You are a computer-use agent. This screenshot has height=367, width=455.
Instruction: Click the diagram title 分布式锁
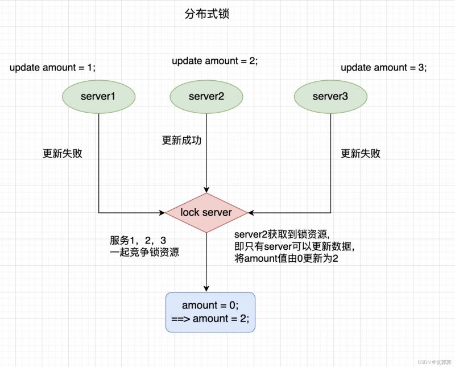(x=206, y=14)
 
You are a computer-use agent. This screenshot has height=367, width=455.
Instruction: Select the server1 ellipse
(x=98, y=96)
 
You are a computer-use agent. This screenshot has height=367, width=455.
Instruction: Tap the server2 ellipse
(x=206, y=96)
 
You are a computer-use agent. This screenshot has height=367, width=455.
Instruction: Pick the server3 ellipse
(x=330, y=96)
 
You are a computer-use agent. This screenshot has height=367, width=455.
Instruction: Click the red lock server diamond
(x=206, y=212)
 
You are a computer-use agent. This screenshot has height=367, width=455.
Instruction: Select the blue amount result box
(x=210, y=312)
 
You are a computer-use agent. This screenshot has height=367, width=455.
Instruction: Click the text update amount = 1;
(x=52, y=68)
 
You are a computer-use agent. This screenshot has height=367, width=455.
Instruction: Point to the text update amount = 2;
(x=215, y=60)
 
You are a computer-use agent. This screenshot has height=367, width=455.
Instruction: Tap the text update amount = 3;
(x=383, y=68)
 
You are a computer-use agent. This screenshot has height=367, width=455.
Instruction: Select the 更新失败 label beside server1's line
(x=63, y=154)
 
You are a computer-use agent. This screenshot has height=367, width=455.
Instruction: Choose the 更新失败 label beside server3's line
(x=361, y=154)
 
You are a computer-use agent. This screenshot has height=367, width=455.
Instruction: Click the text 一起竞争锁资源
(x=144, y=253)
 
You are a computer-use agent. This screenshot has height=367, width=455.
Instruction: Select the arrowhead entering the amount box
(x=206, y=288)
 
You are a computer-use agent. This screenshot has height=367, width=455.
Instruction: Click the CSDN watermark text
(x=432, y=361)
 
